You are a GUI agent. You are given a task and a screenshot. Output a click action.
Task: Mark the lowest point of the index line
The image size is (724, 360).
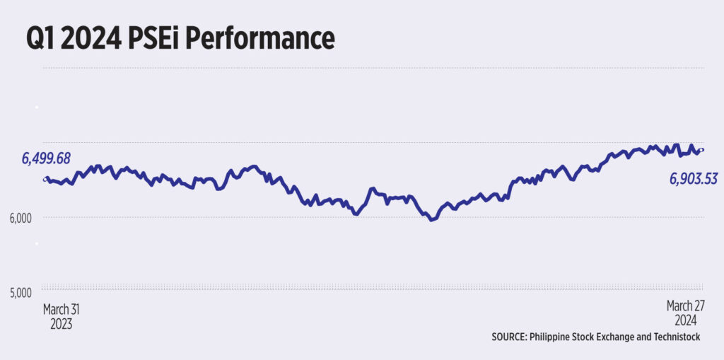432,219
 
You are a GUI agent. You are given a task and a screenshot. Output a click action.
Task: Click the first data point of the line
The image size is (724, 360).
46,179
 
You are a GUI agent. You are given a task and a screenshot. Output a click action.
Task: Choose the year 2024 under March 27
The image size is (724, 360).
684,320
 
